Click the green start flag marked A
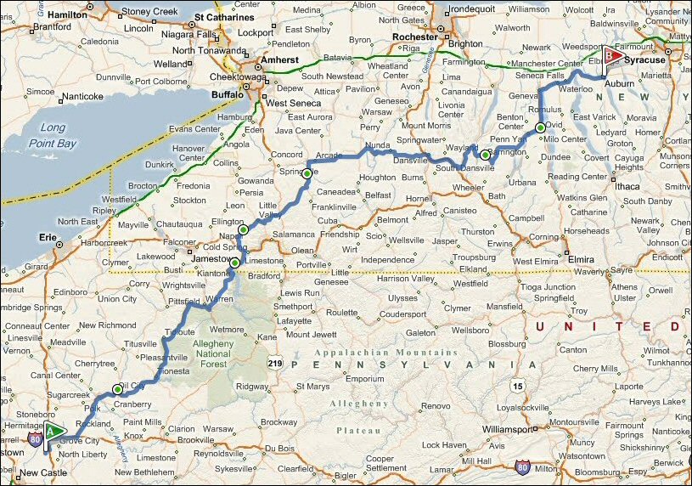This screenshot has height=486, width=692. click(x=54, y=430)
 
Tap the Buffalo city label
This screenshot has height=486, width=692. click(x=227, y=95)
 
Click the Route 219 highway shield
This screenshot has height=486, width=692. click(x=275, y=363)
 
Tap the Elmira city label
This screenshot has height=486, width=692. click(x=581, y=256)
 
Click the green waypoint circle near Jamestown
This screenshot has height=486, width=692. click(x=235, y=263)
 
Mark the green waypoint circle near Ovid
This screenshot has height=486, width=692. click(x=540, y=128)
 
